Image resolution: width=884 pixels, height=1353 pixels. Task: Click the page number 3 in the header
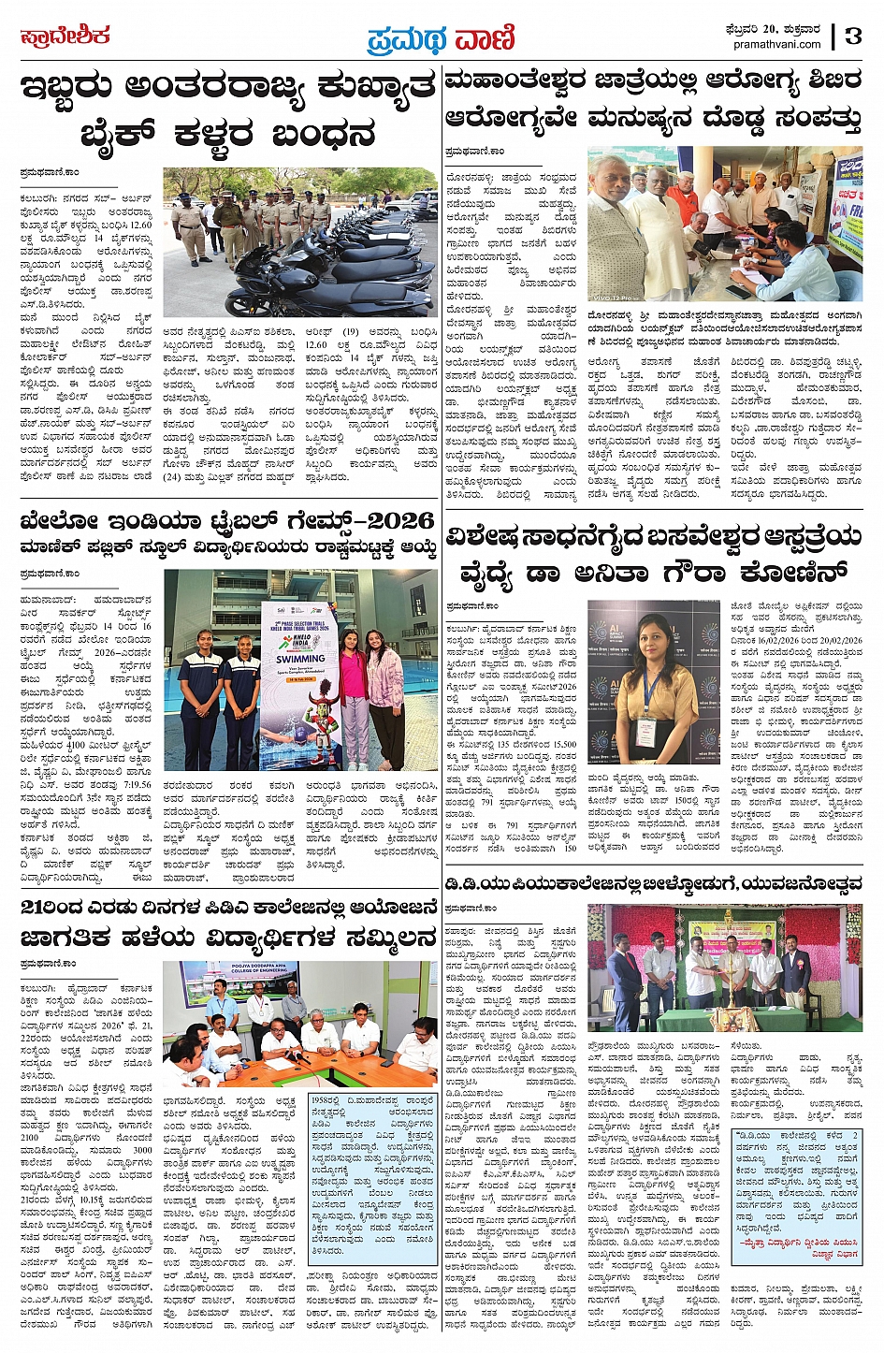click(853, 36)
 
